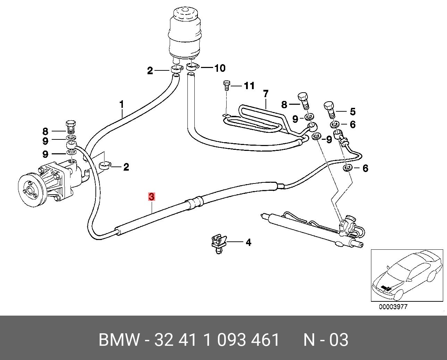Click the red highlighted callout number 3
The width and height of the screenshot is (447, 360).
click(x=151, y=197)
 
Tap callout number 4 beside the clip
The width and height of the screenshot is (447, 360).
click(x=248, y=242)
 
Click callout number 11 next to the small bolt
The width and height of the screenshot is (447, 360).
click(x=249, y=86)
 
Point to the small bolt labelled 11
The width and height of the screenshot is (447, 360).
click(x=226, y=85)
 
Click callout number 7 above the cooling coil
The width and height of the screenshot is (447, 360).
click(x=266, y=94)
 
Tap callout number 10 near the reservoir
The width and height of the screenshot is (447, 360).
click(x=219, y=68)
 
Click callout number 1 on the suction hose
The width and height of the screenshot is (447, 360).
click(x=121, y=103)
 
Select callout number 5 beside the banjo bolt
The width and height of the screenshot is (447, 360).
click(x=353, y=112)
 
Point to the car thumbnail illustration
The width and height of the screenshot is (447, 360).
click(x=407, y=275)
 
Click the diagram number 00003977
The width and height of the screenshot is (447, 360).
click(x=393, y=307)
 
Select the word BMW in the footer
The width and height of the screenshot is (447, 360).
click(x=119, y=340)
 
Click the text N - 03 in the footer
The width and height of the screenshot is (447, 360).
click(x=326, y=340)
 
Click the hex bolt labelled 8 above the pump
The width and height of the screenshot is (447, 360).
click(x=71, y=127)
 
